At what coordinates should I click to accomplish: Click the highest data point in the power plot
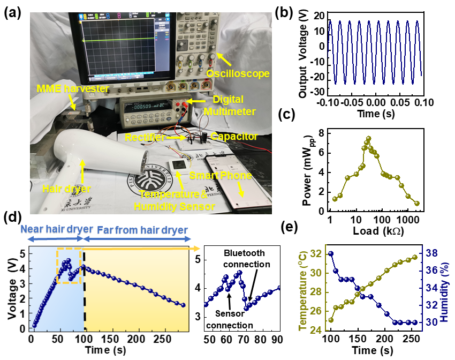(x=368, y=138)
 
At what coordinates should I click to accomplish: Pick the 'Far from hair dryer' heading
(x=142, y=230)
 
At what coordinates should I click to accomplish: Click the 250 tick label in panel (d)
(x=158, y=341)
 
